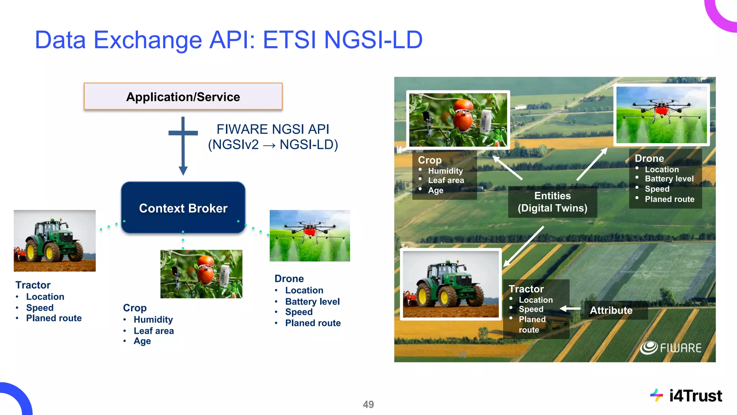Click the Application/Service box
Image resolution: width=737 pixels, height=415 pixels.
tap(183, 97)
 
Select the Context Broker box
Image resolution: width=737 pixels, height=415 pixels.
tap(183, 208)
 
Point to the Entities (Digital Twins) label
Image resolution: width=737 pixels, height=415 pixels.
tap(552, 202)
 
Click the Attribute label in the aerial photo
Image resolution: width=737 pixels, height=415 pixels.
tap(611, 310)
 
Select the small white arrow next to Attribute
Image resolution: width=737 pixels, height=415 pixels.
tap(570, 309)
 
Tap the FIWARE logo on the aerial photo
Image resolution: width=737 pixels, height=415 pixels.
tap(671, 348)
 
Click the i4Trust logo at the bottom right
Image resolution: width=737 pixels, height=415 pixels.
tap(686, 396)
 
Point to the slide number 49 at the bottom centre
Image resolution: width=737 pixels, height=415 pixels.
tap(368, 404)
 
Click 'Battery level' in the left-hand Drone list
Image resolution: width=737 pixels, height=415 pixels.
tap(312, 301)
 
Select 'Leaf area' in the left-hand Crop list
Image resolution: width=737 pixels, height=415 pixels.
tap(154, 331)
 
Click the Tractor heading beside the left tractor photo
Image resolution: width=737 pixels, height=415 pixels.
tap(33, 285)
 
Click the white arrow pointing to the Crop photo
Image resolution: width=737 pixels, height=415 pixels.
tap(507, 168)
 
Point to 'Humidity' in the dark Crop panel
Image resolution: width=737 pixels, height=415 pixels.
tap(445, 171)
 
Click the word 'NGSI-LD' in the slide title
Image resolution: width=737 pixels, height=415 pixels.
tap(373, 40)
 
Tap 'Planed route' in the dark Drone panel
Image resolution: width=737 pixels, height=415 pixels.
tap(669, 199)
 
